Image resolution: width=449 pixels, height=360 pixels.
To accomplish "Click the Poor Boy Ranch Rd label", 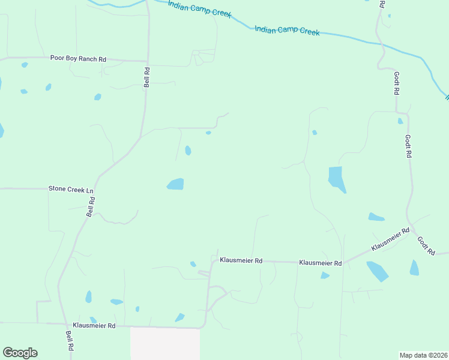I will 78,59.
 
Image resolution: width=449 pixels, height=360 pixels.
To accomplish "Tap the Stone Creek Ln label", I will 71,189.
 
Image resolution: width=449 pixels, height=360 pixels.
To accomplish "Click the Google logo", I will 20,353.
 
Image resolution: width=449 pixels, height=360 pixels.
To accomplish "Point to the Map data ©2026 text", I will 423,355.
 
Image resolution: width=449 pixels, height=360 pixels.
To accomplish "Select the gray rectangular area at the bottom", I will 165,344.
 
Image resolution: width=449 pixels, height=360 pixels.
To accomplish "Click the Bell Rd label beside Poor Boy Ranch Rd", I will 146,77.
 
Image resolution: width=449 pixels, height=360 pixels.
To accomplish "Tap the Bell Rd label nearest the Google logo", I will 70,341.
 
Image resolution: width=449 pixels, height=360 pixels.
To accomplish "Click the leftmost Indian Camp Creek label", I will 199,9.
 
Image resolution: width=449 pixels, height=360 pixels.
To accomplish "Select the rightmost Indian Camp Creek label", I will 287,31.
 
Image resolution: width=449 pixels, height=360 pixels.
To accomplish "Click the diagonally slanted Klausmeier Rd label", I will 390,239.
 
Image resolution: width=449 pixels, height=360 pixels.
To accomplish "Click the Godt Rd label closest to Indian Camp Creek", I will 396,83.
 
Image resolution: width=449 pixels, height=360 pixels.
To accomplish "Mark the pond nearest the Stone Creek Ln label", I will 175,184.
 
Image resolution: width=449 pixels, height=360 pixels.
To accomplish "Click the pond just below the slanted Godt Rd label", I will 414,268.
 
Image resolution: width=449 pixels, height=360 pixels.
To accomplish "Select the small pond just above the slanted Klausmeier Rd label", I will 376,217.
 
